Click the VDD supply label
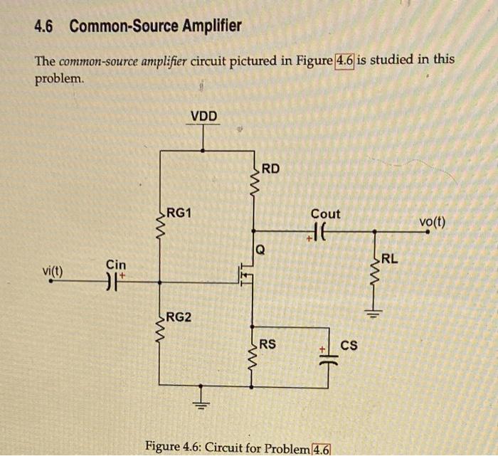click(x=204, y=116)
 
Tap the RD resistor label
click(x=270, y=169)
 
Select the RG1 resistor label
click(x=179, y=213)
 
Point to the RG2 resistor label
click(x=179, y=317)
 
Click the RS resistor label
click(x=267, y=345)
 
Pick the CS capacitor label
click(x=349, y=346)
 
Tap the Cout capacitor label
click(x=325, y=213)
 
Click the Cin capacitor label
click(x=115, y=265)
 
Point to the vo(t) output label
click(x=432, y=221)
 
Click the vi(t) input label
click(x=53, y=271)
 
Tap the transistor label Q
click(x=260, y=250)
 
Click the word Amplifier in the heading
click(x=206, y=27)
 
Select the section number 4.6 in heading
click(x=44, y=27)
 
